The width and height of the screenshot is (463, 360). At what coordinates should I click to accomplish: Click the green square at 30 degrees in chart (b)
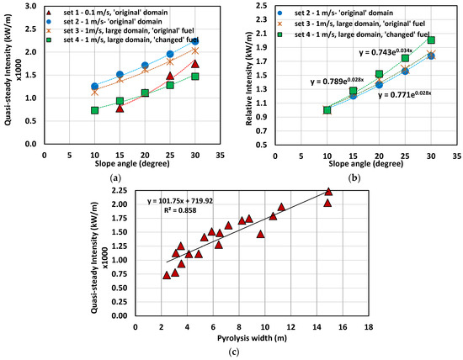click(431, 40)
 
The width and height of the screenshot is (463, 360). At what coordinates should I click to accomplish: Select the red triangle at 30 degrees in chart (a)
click(194, 64)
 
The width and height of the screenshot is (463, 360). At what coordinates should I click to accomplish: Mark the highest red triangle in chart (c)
click(327, 192)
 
